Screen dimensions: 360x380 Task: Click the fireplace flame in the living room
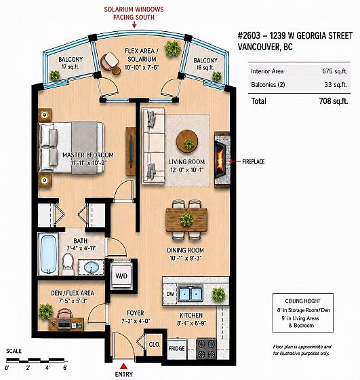click(x=221, y=159)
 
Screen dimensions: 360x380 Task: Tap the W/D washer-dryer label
click(x=121, y=275)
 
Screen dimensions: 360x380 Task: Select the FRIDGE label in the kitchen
click(x=176, y=349)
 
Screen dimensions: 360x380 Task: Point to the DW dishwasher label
click(x=170, y=294)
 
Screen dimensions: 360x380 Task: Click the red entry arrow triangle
click(x=123, y=366)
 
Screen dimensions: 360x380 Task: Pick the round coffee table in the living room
click(x=187, y=141)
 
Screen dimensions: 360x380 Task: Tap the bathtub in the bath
click(x=48, y=254)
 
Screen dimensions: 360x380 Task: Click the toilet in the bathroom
click(x=68, y=263)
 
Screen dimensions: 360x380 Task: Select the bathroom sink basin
click(x=92, y=267)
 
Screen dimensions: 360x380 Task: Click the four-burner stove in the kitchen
click(x=206, y=349)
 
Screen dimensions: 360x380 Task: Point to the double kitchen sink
click(x=191, y=293)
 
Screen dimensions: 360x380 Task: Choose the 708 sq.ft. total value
click(x=334, y=101)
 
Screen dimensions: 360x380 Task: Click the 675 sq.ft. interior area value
click(x=335, y=71)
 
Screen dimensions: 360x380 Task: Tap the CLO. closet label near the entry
click(x=155, y=345)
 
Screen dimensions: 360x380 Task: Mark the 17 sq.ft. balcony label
click(x=71, y=66)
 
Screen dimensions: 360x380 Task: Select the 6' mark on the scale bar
click(x=65, y=368)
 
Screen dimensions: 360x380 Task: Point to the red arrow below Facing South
click(x=134, y=24)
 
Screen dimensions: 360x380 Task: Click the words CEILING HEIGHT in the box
click(x=302, y=301)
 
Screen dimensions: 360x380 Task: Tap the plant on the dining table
click(x=186, y=219)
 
